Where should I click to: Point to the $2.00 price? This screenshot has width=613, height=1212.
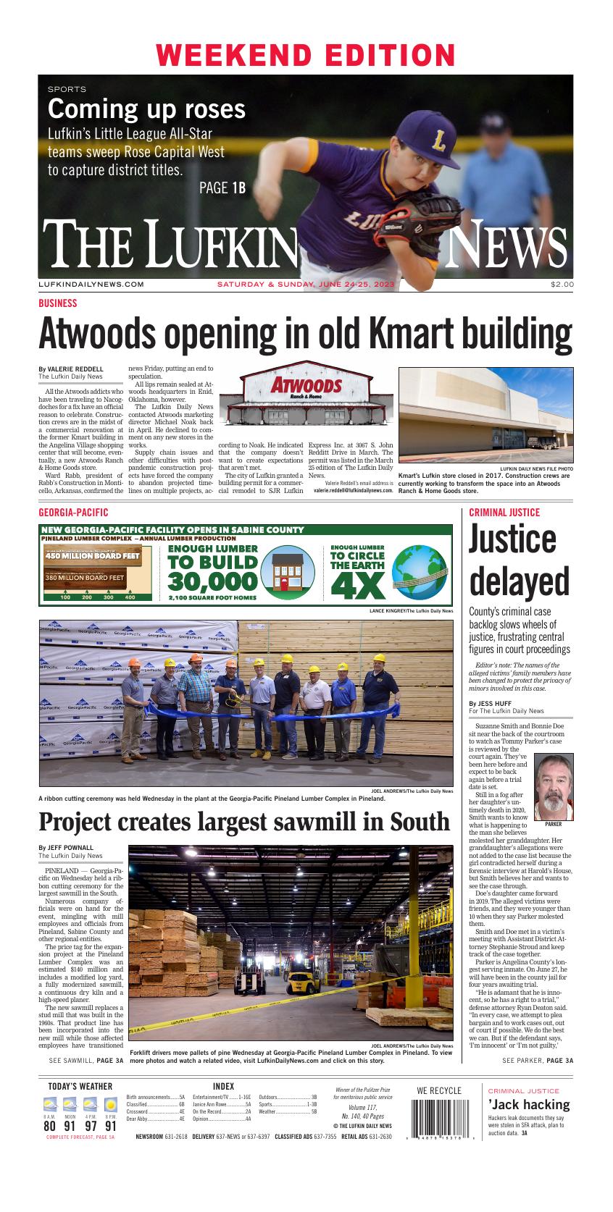click(x=562, y=285)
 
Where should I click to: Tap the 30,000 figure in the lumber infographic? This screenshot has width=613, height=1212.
click(x=212, y=581)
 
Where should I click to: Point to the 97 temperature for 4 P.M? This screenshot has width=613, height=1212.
click(x=90, y=1126)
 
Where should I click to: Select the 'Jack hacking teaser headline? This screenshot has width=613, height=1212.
click(x=528, y=1105)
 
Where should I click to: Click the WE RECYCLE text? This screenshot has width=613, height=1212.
click(x=439, y=1091)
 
